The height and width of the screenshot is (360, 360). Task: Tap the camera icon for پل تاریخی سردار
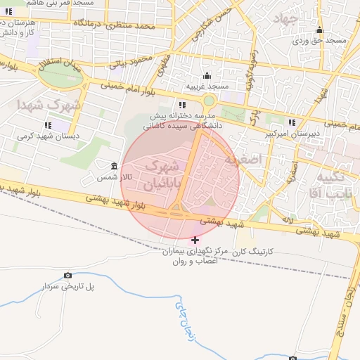pos(67,275)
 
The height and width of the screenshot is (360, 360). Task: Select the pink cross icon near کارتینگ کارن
pos(195,240)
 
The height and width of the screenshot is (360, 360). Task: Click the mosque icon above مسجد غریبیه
pos(207,76)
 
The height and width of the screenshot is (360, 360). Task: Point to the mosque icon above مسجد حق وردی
pos(320,30)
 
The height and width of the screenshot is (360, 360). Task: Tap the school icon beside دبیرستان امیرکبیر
pos(291,124)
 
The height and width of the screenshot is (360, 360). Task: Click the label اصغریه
pos(262,160)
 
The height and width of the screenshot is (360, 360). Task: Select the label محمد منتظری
pos(147,26)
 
